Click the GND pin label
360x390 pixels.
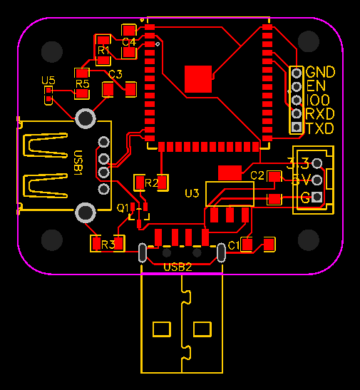tap(320, 72)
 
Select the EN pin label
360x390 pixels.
tap(315, 86)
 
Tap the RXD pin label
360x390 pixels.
tap(320, 114)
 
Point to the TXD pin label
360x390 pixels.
tap(320, 128)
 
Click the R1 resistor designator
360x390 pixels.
tap(103, 51)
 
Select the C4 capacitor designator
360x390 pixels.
tap(129, 42)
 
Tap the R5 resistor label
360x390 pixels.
tap(82, 84)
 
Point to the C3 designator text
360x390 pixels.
tap(115, 73)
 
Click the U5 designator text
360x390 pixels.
tap(48, 81)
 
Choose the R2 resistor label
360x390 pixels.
tap(151, 183)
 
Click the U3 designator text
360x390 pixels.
tap(192, 193)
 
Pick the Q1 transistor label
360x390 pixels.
tap(122, 207)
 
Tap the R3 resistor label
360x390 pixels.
tap(108, 245)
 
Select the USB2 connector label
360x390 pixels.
tap(178, 267)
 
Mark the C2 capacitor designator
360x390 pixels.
tap(257, 175)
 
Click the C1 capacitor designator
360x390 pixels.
tap(233, 246)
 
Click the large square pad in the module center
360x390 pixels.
tap(198, 78)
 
